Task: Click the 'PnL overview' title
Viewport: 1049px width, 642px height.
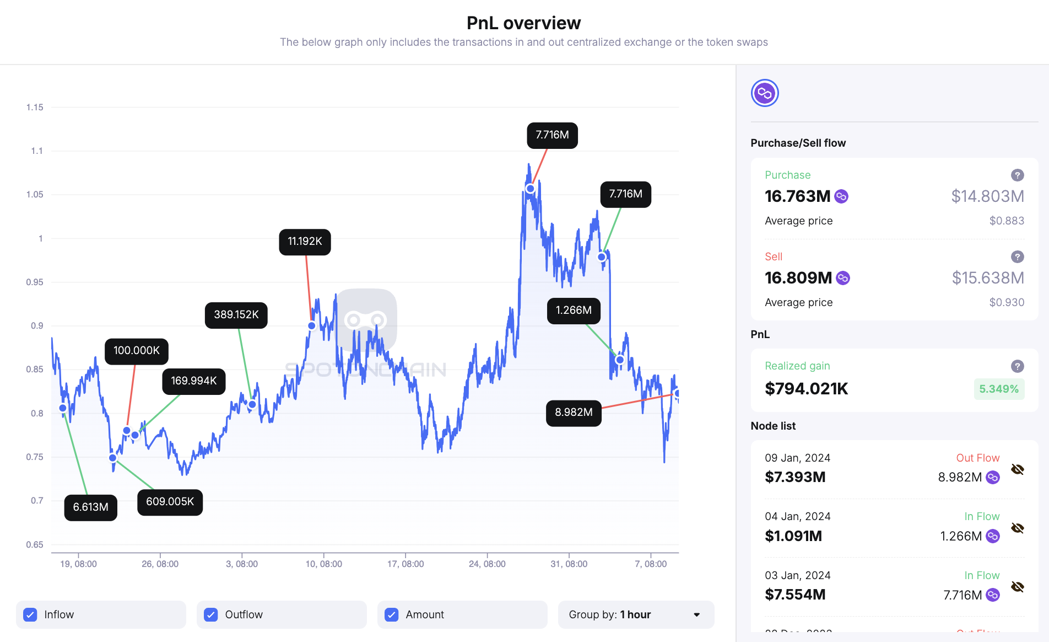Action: (523, 23)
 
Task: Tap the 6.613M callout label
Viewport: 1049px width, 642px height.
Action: (91, 507)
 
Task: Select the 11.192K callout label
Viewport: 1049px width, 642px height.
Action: (305, 242)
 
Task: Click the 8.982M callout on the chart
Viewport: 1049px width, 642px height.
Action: (574, 413)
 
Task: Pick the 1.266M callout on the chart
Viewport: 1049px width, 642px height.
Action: (574, 311)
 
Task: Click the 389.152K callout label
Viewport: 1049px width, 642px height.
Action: (236, 315)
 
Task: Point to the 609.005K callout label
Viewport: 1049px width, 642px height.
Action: (170, 502)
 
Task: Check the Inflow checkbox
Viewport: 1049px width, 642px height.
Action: (30, 614)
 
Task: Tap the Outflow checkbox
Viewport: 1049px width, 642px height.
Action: (211, 614)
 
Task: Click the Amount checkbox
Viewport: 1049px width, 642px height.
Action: (392, 614)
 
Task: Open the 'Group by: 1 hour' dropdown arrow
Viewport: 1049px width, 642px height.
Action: (696, 614)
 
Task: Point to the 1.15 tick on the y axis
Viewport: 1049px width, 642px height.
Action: (35, 107)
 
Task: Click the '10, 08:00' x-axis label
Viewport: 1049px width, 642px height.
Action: (324, 564)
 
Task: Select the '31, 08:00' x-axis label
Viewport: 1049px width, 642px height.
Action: (569, 564)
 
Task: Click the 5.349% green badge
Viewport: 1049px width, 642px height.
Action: (998, 389)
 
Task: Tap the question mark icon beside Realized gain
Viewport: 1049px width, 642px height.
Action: (1017, 366)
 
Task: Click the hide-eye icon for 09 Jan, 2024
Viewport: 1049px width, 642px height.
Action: (1017, 469)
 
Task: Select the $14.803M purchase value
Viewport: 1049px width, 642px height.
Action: (987, 196)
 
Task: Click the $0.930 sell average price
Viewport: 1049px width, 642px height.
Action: (1007, 302)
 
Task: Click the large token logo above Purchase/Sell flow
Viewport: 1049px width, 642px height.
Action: (765, 93)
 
